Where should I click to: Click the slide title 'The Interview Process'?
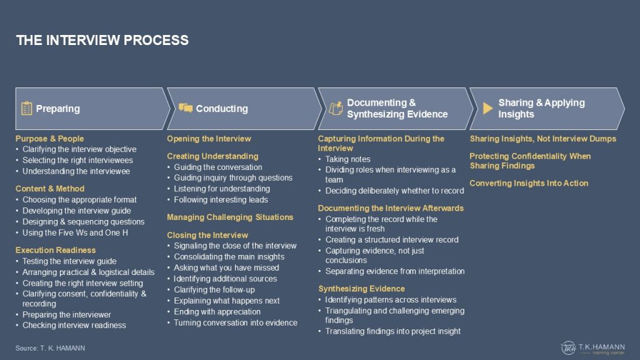point(102,40)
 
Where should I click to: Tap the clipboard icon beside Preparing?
point(26,109)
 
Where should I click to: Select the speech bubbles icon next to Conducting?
point(185,107)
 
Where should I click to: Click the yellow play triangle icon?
point(487,108)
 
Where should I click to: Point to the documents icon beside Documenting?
point(336,108)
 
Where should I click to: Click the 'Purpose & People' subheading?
point(49,139)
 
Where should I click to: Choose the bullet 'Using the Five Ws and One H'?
point(75,232)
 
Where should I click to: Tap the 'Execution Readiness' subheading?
point(56,250)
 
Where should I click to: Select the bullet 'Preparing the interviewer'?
point(66,315)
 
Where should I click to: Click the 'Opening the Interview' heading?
point(209,139)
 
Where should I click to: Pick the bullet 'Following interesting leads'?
point(221,200)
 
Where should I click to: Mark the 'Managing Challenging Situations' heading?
point(230,217)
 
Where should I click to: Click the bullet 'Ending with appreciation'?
point(217,312)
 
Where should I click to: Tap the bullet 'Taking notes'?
point(347,159)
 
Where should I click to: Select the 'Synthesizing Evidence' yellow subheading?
point(362,289)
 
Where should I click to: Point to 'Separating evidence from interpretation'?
point(395,271)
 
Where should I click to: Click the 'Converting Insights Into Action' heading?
point(529,183)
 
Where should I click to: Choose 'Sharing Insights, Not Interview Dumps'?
point(543,139)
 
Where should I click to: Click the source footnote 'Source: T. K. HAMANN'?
point(50,348)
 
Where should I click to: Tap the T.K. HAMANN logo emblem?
point(568,347)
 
